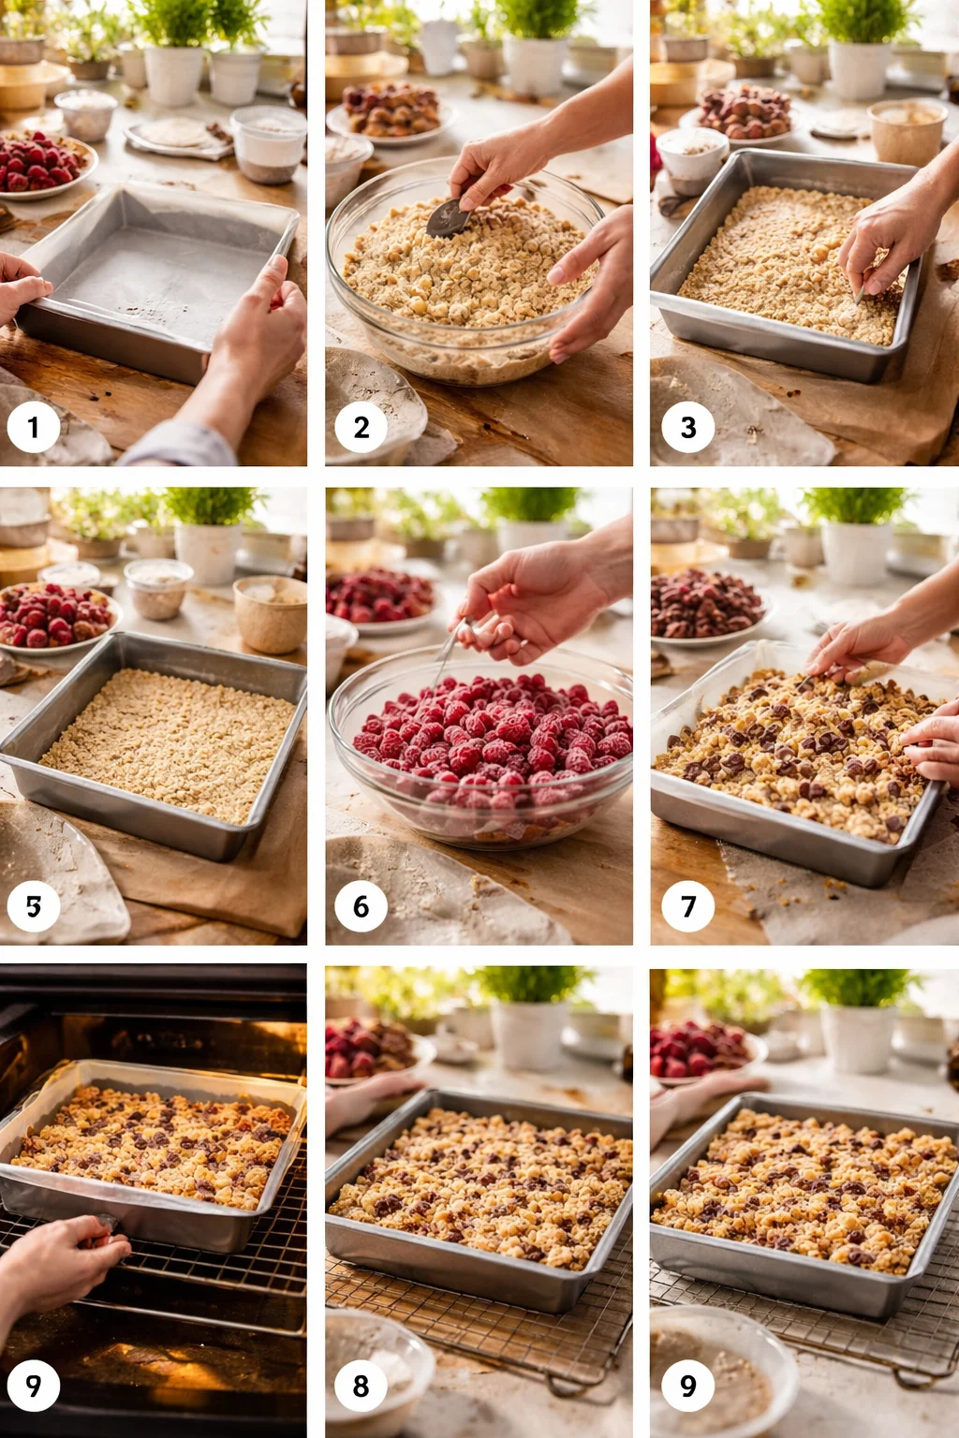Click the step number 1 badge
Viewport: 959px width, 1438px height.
[34, 427]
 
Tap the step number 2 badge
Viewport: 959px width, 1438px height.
[361, 427]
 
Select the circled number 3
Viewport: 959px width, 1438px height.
[687, 427]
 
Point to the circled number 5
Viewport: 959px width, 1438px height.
[34, 906]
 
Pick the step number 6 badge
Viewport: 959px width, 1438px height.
[361, 906]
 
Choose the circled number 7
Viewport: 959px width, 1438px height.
[687, 906]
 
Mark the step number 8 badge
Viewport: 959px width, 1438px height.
[361, 1386]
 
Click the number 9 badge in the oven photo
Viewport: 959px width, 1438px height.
[34, 1386]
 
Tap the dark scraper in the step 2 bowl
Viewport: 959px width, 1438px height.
[448, 218]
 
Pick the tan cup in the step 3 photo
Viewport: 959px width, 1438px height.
[906, 131]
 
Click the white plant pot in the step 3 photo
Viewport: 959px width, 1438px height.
[857, 70]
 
